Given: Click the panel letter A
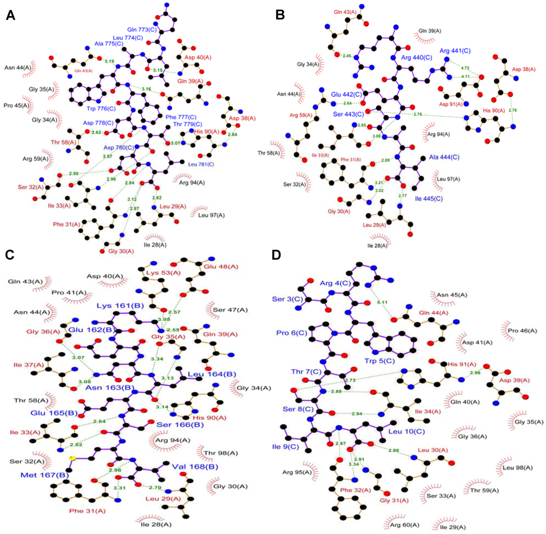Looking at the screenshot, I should tap(10, 16).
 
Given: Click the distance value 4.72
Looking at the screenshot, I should tap(465, 68).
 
